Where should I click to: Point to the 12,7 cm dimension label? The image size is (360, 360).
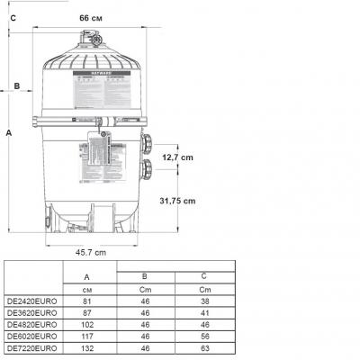pos(177,157)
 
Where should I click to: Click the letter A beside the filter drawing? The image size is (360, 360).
pos(8,132)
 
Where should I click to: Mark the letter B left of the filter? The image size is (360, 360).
pos(17,87)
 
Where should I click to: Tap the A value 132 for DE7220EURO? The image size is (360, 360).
pos(86,347)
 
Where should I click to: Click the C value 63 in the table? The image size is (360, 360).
pos(204,347)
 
